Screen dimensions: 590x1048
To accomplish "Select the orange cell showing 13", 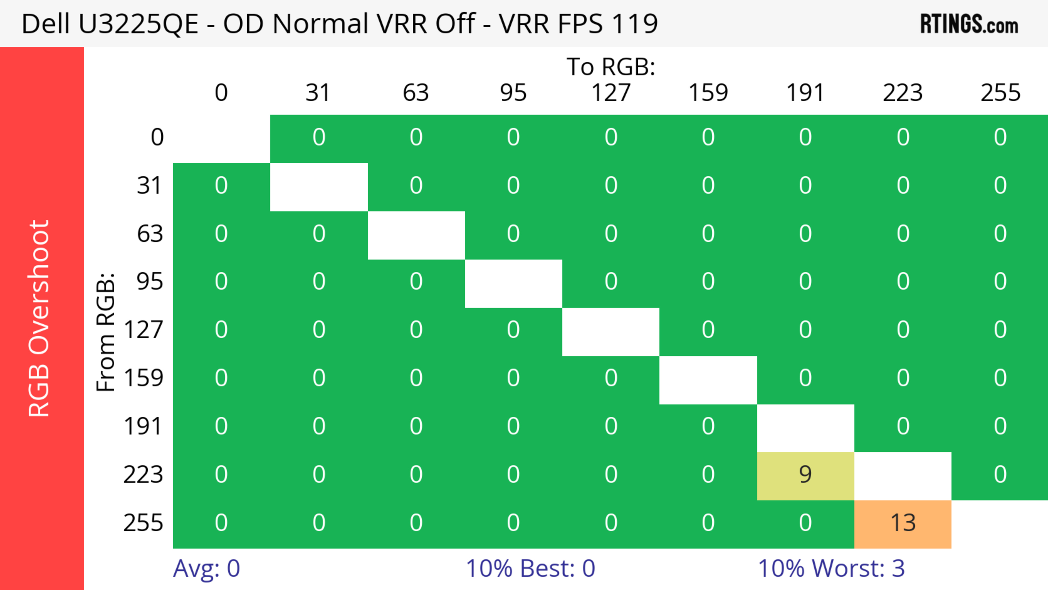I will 903,523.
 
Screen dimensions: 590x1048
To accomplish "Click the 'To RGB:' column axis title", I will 611,67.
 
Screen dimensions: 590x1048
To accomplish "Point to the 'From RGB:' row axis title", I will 106,332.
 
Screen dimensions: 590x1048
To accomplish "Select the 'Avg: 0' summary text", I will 206,568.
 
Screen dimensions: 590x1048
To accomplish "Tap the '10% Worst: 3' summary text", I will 831,568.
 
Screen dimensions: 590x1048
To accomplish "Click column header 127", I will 611,93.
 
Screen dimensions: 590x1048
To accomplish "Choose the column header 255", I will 1000,93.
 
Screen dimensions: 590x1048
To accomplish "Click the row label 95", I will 150,281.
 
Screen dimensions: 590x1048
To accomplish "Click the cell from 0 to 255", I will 1000,137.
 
